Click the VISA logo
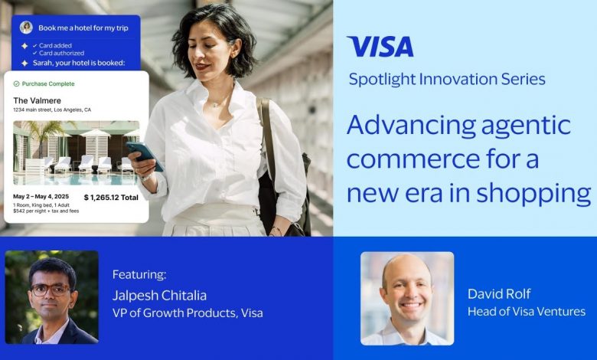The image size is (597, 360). (380, 47)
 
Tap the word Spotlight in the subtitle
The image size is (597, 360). (382, 80)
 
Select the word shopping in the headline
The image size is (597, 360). (533, 194)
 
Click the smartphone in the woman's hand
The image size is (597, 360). (145, 155)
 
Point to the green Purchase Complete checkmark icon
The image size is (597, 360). (16, 83)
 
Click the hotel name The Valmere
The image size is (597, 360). (37, 100)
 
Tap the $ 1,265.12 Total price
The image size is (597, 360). (111, 198)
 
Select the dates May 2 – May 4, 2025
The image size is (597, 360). (41, 197)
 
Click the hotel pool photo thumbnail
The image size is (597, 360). (76, 153)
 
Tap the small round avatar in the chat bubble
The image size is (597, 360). (26, 28)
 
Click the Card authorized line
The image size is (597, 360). (59, 54)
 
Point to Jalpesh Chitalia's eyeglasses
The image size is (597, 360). (50, 290)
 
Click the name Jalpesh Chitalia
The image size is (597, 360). (159, 295)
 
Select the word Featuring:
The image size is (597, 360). (139, 274)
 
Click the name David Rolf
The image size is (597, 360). (499, 293)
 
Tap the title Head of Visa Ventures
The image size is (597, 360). (527, 312)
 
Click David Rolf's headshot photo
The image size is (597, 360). (407, 298)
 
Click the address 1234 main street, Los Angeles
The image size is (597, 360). (52, 110)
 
